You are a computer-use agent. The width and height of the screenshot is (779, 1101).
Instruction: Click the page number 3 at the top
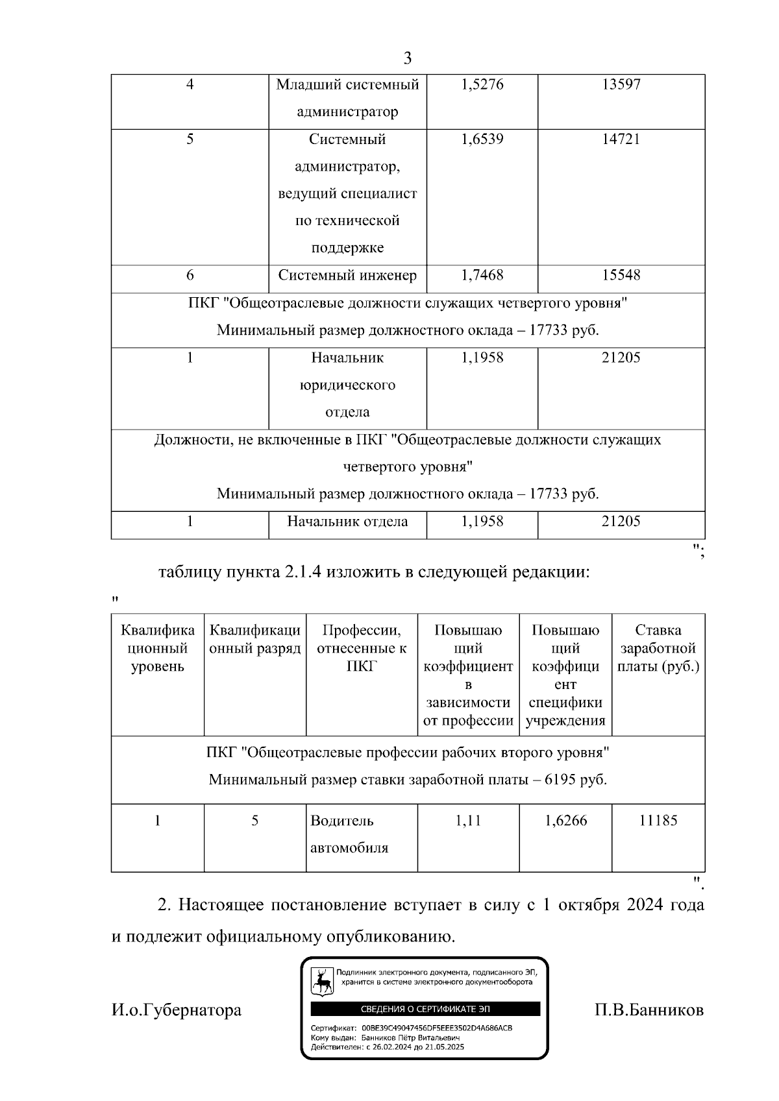407,58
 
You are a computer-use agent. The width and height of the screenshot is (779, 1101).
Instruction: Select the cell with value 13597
621,84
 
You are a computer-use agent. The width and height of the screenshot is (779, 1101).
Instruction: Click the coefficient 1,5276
482,84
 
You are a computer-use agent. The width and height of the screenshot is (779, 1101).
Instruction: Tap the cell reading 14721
621,139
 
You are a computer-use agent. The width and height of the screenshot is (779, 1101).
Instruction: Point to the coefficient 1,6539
482,139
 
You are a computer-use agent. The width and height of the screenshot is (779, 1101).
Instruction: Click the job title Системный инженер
347,275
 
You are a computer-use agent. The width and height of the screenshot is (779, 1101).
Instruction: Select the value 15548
621,275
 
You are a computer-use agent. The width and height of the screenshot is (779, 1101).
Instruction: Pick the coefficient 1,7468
482,275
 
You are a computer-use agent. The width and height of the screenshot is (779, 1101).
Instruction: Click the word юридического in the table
347,385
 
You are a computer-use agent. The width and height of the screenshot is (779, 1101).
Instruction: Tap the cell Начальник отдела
347,521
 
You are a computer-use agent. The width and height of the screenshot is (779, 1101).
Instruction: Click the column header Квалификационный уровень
158,648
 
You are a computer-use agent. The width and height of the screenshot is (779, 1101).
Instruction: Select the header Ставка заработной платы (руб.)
658,648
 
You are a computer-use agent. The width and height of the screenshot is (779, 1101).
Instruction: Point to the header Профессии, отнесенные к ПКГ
362,648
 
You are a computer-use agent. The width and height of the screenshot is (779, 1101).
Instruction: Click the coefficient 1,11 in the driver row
468,821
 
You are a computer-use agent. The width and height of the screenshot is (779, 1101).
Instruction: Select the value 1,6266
565,821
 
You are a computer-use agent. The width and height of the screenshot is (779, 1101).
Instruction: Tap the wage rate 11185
658,821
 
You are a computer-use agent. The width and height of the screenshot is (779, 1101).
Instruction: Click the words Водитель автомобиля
349,834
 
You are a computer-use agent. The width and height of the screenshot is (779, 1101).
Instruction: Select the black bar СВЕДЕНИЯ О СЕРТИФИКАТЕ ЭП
425,1009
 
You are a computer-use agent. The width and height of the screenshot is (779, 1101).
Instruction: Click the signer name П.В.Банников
649,1010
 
